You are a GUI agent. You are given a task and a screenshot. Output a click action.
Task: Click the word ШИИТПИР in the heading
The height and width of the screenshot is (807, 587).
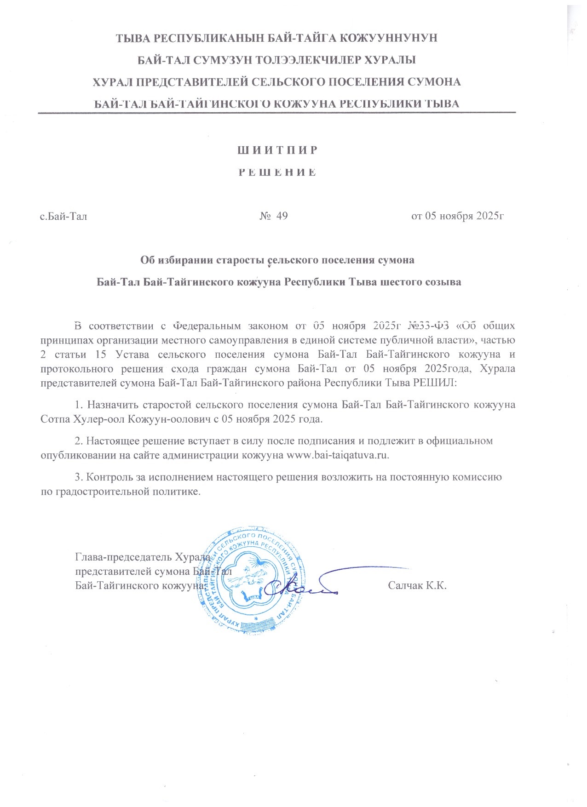[277, 150]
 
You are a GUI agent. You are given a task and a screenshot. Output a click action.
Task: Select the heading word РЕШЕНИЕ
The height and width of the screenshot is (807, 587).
[277, 173]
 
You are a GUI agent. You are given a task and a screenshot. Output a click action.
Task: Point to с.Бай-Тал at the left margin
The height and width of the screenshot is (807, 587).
[63, 216]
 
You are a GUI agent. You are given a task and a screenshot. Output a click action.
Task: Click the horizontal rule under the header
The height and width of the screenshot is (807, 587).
[276, 112]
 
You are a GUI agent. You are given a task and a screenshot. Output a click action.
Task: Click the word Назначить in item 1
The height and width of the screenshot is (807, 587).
[113, 405]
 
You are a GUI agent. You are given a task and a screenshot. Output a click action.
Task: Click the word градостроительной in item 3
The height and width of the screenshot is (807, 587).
[109, 491]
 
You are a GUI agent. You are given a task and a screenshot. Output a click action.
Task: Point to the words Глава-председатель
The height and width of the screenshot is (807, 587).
[123, 557]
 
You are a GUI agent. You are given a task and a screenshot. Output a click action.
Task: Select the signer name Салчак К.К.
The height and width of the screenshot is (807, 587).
[417, 586]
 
